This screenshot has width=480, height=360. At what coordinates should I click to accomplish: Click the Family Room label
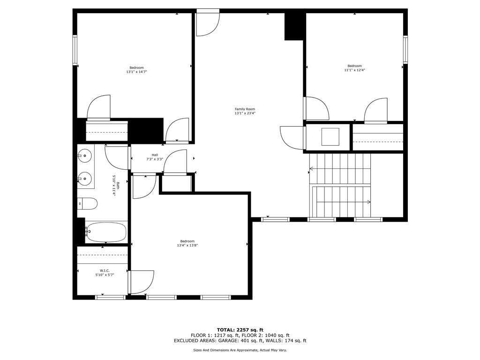tap(245, 109)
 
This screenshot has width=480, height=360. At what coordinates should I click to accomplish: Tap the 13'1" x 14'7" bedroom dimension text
tap(136, 72)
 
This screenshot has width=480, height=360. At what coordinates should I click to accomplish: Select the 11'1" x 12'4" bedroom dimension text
tap(354, 70)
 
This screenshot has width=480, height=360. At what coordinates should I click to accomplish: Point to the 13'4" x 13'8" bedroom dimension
tap(187, 245)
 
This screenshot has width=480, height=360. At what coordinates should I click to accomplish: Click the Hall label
tap(155, 155)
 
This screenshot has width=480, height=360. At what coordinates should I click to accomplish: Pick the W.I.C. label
tap(105, 270)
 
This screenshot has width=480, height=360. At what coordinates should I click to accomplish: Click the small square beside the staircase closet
tap(330, 137)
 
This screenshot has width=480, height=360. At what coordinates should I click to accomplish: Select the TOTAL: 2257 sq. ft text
tap(240, 330)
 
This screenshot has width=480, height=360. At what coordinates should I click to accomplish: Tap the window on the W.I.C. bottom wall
tap(111, 297)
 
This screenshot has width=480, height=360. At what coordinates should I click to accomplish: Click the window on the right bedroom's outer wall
tap(405, 50)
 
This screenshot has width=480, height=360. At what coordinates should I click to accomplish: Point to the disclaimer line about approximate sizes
tap(240, 350)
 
